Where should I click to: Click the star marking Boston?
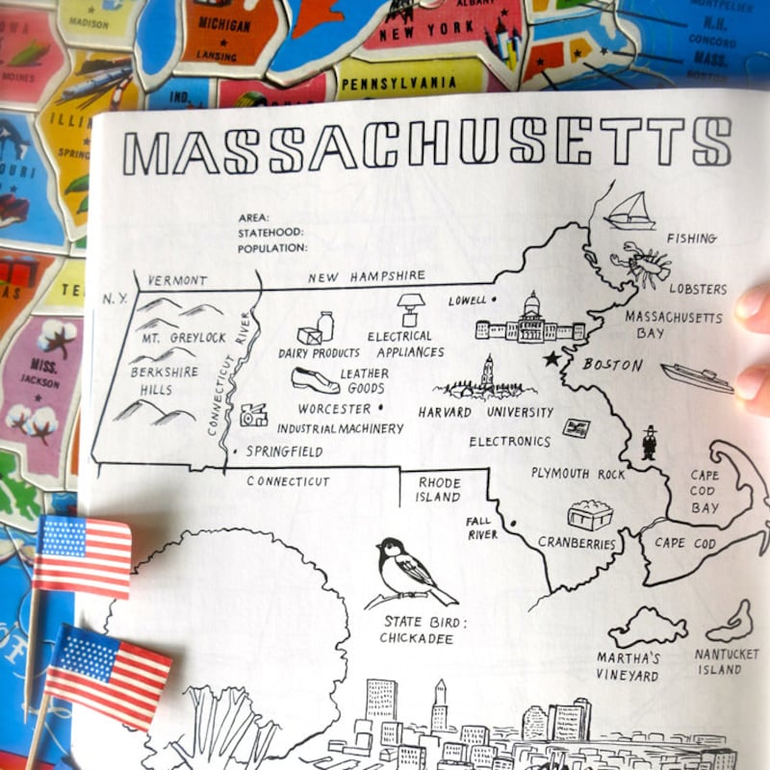click(552, 359)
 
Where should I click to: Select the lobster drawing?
click(640, 264)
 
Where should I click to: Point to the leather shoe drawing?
click(316, 380)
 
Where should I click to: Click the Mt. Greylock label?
click(184, 338)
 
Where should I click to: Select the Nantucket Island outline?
click(731, 623)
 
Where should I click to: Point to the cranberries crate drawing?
click(589, 515)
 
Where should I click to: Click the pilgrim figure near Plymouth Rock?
click(650, 442)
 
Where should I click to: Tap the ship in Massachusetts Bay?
click(696, 376)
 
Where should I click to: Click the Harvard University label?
click(485, 412)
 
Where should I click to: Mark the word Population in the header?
click(273, 247)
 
